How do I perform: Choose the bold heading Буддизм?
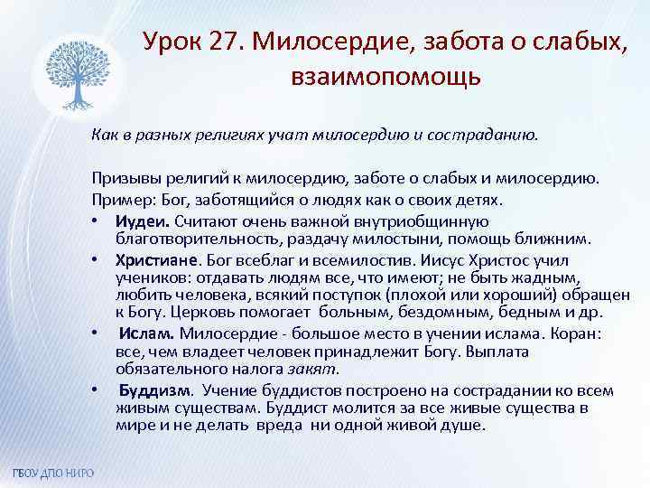point(155,390)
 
